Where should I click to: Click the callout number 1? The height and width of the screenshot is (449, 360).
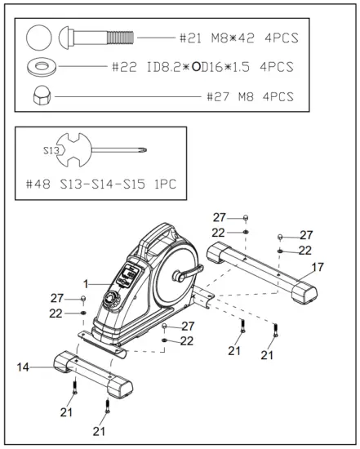86,284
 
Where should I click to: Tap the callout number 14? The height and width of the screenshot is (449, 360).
23,367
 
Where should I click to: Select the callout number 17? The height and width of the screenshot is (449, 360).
318,267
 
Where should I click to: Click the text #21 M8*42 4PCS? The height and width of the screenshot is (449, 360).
239,38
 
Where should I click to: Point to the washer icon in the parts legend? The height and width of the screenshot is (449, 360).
42,67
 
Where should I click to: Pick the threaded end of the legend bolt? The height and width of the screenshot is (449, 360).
120,38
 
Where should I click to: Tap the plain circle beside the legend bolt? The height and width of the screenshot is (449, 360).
39,38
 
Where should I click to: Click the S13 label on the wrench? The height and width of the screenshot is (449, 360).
51,150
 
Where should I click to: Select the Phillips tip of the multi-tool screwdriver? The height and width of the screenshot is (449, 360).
143,149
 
